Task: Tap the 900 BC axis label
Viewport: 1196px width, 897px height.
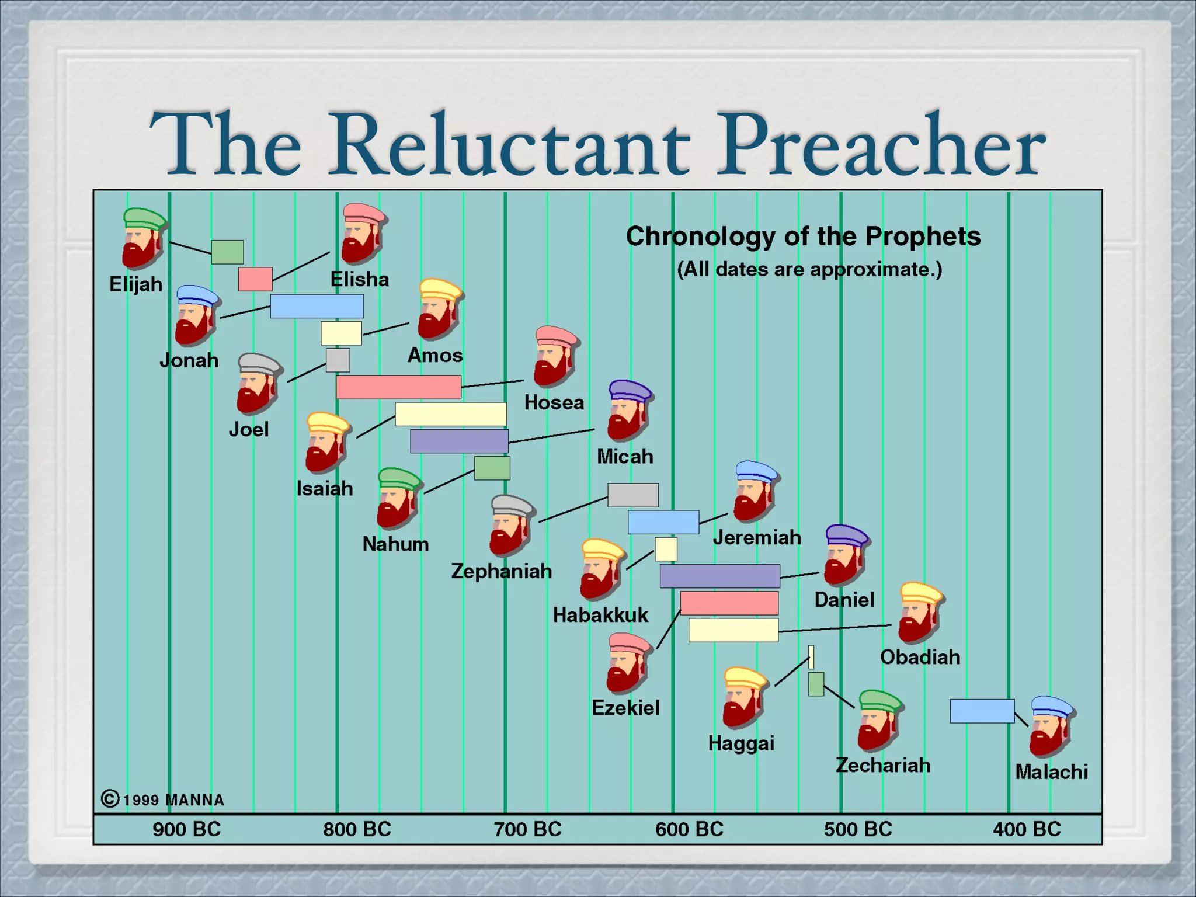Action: [186, 829]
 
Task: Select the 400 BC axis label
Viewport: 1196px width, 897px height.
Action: [1027, 829]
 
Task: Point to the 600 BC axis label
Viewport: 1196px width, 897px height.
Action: [689, 829]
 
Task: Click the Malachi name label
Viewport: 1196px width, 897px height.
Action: [1051, 772]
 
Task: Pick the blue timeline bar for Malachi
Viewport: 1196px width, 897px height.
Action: [982, 711]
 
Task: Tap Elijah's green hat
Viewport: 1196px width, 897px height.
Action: [144, 218]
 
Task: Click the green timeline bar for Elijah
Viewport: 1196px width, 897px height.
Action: [227, 252]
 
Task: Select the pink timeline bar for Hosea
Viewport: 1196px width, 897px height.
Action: [398, 387]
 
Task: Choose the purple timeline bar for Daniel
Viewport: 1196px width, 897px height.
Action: [719, 576]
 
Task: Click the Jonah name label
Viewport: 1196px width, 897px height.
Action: [189, 360]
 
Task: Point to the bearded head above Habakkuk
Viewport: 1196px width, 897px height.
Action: [602, 569]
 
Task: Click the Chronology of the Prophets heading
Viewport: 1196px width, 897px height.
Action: [803, 237]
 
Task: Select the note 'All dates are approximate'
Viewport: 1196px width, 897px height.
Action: [809, 270]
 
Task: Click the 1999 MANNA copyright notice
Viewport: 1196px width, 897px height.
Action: [164, 799]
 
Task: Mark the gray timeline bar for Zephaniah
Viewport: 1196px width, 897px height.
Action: [632, 495]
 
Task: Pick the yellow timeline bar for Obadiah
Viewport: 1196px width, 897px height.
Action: [733, 630]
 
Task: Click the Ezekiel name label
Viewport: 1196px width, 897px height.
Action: [625, 708]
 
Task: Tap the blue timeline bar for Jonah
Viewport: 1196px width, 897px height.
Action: [317, 306]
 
